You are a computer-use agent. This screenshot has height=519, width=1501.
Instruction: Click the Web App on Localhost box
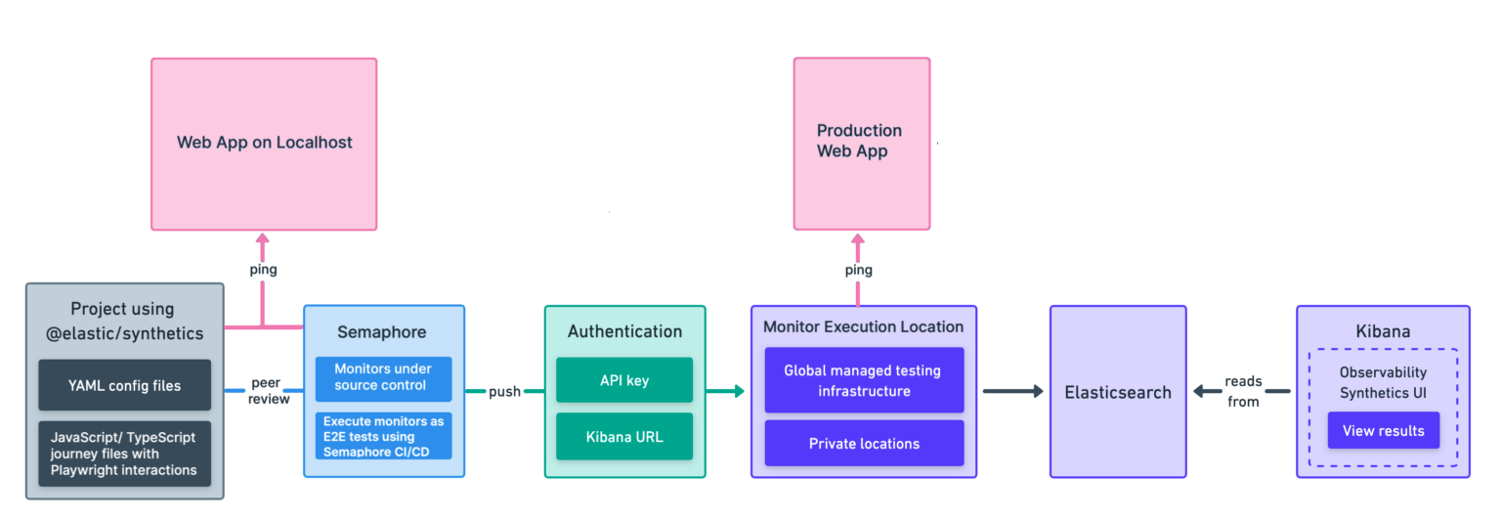tap(264, 144)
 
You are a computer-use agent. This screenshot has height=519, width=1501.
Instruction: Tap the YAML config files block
tap(124, 385)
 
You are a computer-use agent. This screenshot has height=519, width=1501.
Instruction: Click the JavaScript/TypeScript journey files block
tap(124, 454)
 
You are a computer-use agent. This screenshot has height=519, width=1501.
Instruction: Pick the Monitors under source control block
tap(384, 377)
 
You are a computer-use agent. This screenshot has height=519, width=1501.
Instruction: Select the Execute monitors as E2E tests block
tap(384, 435)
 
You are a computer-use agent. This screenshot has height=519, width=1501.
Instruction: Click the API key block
tap(624, 379)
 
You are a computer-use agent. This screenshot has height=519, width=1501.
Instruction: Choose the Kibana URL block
tap(624, 436)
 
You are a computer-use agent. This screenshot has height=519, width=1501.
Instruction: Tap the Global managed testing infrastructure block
tap(864, 380)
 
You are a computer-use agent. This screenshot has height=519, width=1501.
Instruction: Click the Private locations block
tap(864, 444)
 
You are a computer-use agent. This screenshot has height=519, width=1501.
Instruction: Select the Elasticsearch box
tap(1118, 392)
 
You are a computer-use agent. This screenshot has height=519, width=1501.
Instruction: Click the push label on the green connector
tap(504, 391)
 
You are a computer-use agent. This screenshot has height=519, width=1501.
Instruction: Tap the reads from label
tap(1243, 391)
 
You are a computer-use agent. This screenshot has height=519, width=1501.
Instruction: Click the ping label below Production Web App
tap(858, 270)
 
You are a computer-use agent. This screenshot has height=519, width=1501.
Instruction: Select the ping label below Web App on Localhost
tap(262, 270)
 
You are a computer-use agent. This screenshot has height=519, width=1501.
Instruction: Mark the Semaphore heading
tap(382, 332)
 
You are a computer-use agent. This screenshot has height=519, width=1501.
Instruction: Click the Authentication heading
tap(624, 331)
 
